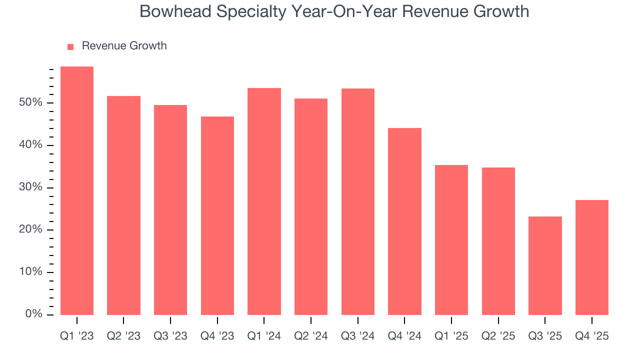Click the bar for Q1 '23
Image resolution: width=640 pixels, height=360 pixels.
[76, 190]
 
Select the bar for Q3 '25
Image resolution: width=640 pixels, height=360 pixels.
[545, 265]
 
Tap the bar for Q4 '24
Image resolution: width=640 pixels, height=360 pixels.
[404, 221]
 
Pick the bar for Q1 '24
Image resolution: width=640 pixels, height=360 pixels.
[264, 201]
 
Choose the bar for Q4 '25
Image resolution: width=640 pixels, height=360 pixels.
[592, 257]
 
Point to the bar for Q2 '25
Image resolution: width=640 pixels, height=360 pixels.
[498, 241]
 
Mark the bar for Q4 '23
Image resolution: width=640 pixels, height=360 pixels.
[217, 215]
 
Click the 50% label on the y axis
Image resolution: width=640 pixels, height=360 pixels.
[31, 103]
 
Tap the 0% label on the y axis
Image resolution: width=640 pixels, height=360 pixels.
[34, 314]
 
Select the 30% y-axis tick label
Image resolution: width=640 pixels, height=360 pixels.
[31, 187]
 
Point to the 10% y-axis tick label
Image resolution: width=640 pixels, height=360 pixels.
[31, 272]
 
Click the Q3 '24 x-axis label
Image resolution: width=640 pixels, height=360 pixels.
[358, 336]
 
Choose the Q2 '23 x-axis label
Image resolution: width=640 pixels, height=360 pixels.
[123, 336]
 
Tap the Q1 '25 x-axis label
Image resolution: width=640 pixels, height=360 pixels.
[451, 336]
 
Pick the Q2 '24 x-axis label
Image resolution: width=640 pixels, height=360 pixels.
[311, 336]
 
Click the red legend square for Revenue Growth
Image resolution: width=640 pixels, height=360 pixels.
[70, 46]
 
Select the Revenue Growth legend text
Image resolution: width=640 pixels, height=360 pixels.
[124, 46]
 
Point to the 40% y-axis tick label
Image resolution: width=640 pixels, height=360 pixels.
[31, 145]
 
